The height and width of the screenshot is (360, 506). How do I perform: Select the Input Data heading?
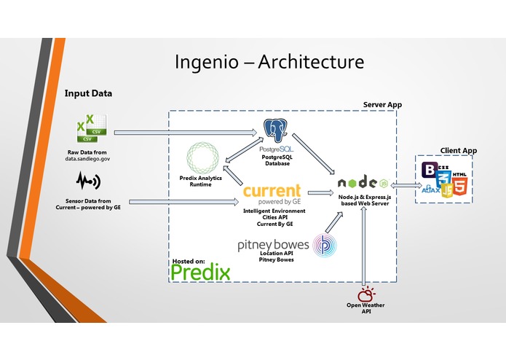coord(88,93)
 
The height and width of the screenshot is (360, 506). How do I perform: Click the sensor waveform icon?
coord(87,179)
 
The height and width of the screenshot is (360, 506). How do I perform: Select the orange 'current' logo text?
coord(272,192)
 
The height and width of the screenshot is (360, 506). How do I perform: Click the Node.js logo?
coord(362,183)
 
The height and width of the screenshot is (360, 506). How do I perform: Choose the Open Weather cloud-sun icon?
coord(365,294)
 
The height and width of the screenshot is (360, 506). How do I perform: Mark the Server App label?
coord(382,105)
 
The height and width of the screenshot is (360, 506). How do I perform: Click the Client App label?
coord(459,150)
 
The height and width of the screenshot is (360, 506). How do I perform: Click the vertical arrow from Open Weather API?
coord(363,245)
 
